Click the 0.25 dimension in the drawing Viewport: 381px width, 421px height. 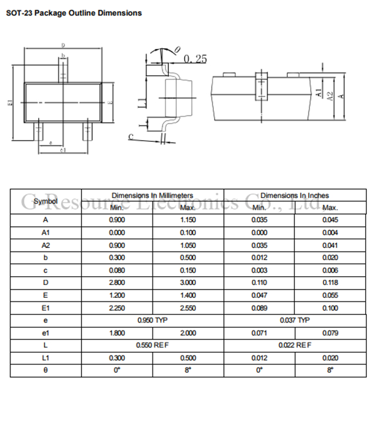pyautogui.click(x=195, y=59)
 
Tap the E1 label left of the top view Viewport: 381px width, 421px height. pyautogui.click(x=10, y=103)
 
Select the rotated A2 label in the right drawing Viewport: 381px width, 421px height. pyautogui.click(x=330, y=96)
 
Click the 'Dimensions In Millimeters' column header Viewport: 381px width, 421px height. pyautogui.click(x=152, y=195)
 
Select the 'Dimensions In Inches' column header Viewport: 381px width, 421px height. pyautogui.click(x=295, y=195)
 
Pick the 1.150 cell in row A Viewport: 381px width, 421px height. pyautogui.click(x=188, y=220)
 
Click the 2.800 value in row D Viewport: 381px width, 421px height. pyautogui.click(x=117, y=283)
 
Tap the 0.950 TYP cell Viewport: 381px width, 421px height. pyautogui.click(x=152, y=320)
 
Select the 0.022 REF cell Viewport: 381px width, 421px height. pyautogui.click(x=295, y=345)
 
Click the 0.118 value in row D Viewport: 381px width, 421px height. pyautogui.click(x=330, y=283)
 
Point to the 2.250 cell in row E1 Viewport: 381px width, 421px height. pyautogui.click(x=117, y=308)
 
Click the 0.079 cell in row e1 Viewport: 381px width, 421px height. pyautogui.click(x=330, y=332)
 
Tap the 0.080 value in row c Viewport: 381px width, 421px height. pyautogui.click(x=117, y=270)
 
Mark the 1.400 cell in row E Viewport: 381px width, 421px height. pyautogui.click(x=188, y=296)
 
